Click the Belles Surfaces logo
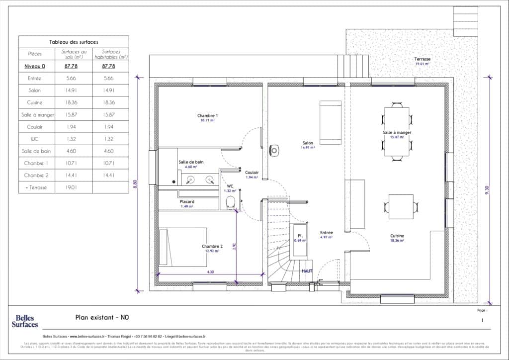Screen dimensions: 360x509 click(24, 321)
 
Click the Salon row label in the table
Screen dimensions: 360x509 click(35, 90)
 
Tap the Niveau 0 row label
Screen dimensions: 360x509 click(35, 66)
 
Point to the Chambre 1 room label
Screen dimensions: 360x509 click(208, 115)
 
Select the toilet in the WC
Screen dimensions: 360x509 click(230, 202)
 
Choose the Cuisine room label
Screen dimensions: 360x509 click(397, 236)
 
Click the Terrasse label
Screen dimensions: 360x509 click(423, 59)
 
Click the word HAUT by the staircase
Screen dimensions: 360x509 click(307, 271)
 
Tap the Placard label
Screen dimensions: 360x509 click(187, 201)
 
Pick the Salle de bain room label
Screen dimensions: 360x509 click(191, 162)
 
